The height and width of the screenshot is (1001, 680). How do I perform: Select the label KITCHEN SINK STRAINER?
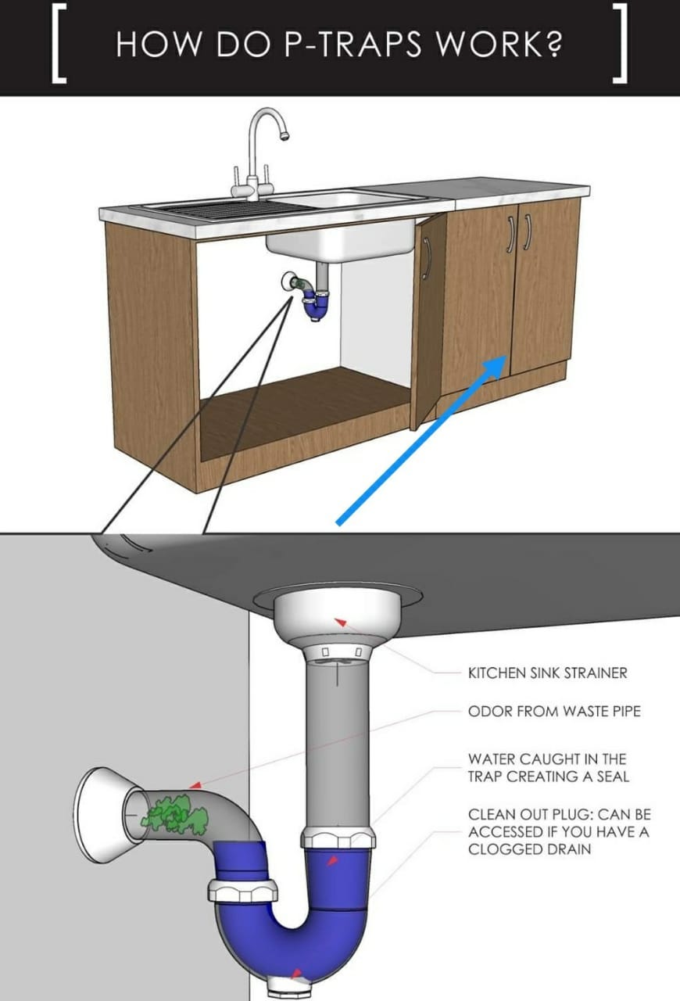pos(547,673)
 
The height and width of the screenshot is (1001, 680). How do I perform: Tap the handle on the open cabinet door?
pos(427,258)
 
